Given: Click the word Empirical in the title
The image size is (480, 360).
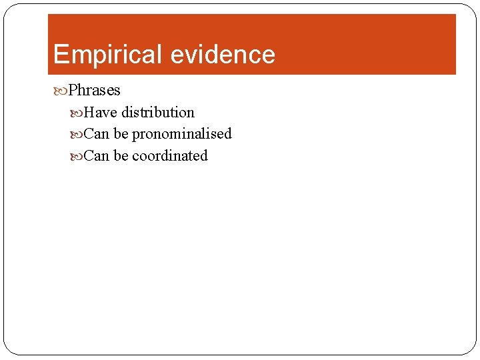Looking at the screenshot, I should [107, 54].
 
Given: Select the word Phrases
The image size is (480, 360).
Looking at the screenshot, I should [94, 90].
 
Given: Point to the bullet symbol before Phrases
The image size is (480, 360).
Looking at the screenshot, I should [63, 90].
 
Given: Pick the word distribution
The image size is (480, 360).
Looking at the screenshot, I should [157, 112].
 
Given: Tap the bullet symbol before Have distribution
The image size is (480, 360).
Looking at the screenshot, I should [78, 112].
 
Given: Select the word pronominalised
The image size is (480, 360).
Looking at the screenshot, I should [181, 133].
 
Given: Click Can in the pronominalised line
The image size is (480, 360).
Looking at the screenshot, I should [97, 133].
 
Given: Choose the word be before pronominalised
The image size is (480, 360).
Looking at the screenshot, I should [121, 133].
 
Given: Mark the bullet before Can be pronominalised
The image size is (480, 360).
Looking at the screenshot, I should [78, 133].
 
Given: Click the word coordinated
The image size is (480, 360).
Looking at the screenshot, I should [169, 155].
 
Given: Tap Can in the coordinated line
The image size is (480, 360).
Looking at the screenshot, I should [97, 155].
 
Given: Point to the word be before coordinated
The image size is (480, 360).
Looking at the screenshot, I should [121, 155].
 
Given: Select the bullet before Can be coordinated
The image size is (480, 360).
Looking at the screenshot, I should [78, 155].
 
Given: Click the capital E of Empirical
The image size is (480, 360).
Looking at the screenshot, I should [59, 54].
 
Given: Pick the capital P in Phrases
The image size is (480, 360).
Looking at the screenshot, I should [73, 90].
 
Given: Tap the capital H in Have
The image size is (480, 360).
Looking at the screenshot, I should [89, 112].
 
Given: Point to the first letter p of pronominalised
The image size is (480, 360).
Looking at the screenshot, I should [135, 135].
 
